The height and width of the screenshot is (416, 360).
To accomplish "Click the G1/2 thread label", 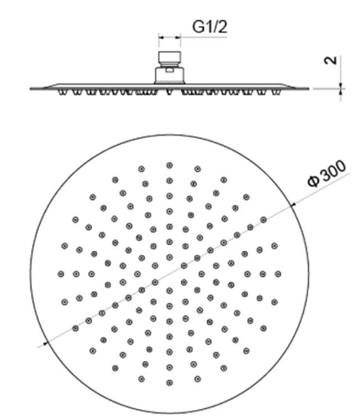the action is click(210, 27).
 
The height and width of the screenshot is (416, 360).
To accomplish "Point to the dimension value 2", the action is click(331, 60).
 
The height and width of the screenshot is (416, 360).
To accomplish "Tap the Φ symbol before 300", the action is click(313, 181).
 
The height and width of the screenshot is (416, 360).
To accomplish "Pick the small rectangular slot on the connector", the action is click(169, 70).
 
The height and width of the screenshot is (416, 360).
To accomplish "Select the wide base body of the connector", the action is click(169, 76).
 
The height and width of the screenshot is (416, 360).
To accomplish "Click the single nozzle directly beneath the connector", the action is click(169, 92).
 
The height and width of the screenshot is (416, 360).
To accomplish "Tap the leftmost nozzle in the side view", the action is click(62, 92).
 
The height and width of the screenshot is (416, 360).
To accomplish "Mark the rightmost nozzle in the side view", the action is click(276, 92).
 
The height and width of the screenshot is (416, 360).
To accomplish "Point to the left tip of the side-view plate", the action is click(30, 89).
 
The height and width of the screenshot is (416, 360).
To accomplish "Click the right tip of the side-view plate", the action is click(308, 89).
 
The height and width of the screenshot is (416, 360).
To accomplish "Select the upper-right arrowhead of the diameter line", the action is click(293, 205).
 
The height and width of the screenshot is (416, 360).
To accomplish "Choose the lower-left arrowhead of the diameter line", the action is click(45, 344).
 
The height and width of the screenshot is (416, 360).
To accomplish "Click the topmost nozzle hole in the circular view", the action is click(170, 165).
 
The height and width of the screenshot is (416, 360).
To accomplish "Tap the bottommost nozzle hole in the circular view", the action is click(170, 382).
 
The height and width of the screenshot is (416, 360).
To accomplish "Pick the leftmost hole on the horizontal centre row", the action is click(61, 274).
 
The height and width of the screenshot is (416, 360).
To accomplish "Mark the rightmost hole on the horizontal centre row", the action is click(278, 274).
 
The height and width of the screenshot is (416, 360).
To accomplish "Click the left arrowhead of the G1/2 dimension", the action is click(160, 37).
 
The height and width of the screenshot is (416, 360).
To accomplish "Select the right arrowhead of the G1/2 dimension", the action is click(179, 37).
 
